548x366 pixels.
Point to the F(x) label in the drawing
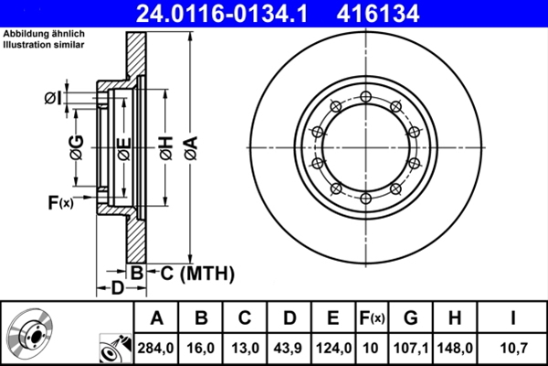coord(59,202)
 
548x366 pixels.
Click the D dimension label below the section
coord(117,289)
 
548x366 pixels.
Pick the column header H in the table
coord(455,318)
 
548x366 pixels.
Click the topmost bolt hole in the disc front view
coord(364,96)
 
